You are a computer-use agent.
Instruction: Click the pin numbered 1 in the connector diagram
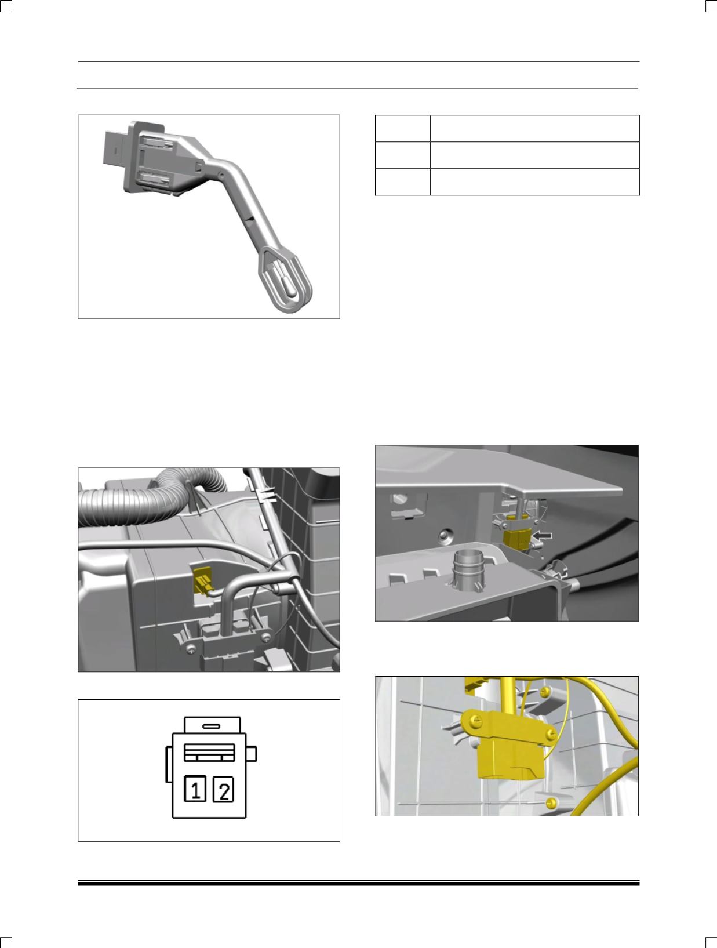(x=195, y=789)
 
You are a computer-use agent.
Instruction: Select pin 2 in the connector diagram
(x=224, y=790)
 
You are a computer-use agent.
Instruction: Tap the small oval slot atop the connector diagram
(x=212, y=727)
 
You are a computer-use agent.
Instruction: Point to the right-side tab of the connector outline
(x=251, y=754)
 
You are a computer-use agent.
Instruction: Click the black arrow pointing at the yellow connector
(x=542, y=536)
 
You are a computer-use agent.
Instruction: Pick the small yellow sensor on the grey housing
(x=202, y=580)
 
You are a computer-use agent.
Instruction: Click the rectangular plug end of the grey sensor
(x=116, y=149)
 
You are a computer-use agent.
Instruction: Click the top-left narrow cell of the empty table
(x=403, y=128)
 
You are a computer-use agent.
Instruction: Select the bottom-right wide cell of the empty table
(x=535, y=182)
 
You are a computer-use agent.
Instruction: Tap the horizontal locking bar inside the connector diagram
(x=210, y=753)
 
